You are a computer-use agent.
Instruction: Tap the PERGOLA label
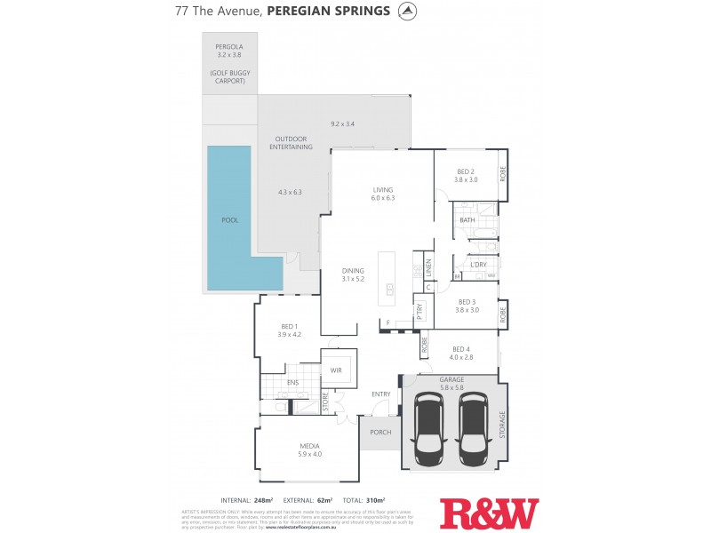(x=229, y=46)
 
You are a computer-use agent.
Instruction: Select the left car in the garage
(x=429, y=427)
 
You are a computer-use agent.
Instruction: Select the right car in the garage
(x=472, y=427)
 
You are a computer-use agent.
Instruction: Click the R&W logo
(x=489, y=513)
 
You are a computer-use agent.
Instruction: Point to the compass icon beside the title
(x=407, y=12)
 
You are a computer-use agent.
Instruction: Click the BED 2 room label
(x=467, y=171)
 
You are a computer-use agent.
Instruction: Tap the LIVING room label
(x=383, y=189)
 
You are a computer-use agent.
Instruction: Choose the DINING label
(x=354, y=270)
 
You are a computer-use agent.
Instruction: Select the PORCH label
(x=380, y=433)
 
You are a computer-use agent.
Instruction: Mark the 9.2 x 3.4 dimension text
(x=342, y=123)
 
